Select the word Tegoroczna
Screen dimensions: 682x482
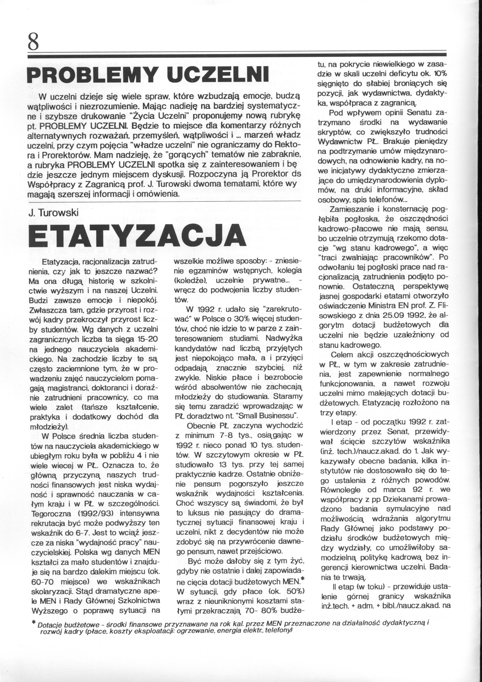(51, 513)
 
